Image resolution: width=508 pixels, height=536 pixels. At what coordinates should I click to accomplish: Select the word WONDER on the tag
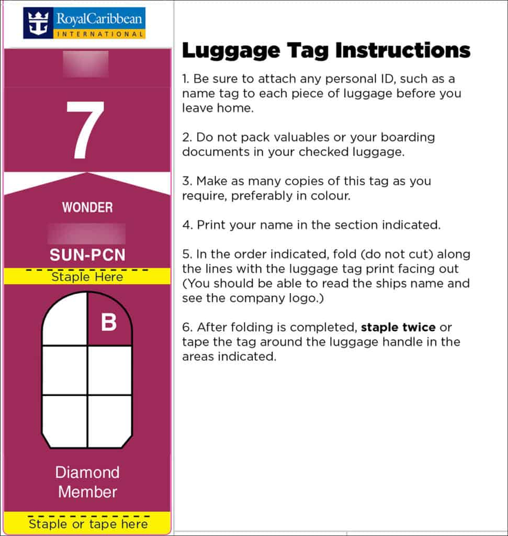[87, 207]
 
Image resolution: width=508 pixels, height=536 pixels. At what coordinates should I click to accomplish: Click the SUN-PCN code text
[87, 255]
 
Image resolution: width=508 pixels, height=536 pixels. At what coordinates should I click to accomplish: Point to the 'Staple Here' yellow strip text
[87, 276]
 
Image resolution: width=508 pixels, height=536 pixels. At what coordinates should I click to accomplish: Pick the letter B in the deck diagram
[109, 322]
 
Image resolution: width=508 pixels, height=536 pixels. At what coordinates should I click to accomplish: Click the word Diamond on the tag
[87, 472]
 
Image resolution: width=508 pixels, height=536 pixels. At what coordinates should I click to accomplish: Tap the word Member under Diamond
[87, 492]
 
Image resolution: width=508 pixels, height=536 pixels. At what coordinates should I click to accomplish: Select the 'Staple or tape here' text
[88, 524]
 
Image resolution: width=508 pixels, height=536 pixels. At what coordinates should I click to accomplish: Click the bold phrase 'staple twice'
[398, 328]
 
